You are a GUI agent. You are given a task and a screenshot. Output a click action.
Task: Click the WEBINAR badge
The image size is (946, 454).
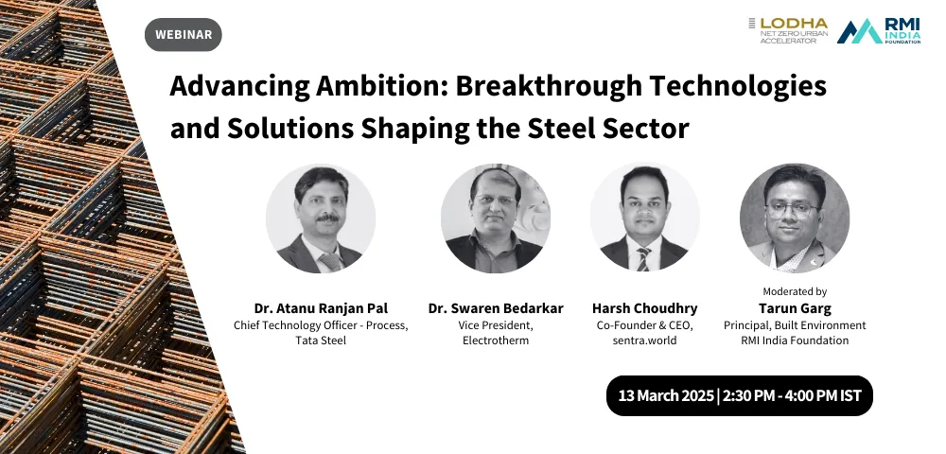(x=184, y=34)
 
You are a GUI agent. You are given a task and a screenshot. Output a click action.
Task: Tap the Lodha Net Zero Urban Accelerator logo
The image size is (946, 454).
(x=789, y=30)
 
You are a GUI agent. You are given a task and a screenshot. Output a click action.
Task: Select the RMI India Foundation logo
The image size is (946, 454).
(x=879, y=31)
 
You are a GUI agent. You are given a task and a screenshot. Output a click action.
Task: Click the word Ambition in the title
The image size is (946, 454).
(x=379, y=86)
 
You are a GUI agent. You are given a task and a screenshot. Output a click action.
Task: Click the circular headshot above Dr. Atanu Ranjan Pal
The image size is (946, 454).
(x=321, y=218)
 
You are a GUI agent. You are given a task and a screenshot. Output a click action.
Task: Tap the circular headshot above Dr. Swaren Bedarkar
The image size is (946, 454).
(x=496, y=218)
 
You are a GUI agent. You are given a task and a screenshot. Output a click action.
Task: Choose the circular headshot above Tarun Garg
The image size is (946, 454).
(x=795, y=218)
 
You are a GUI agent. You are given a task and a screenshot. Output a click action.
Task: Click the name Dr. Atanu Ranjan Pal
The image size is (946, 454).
(x=321, y=308)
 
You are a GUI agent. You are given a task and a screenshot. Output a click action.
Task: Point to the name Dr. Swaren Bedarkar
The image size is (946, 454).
(x=496, y=308)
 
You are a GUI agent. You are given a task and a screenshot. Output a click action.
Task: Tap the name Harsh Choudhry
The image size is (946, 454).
(x=645, y=308)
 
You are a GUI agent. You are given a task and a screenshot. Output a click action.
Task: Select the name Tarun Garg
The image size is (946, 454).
(x=795, y=308)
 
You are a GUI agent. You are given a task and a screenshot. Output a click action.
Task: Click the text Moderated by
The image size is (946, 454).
(x=795, y=292)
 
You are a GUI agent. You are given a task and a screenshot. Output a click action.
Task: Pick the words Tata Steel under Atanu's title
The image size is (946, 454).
(x=321, y=340)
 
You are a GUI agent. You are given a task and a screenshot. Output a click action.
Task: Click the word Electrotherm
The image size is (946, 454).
(x=496, y=340)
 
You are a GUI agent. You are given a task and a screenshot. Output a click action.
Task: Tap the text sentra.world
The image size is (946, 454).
(x=645, y=340)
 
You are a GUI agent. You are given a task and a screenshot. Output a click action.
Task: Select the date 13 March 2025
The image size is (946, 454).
(x=666, y=396)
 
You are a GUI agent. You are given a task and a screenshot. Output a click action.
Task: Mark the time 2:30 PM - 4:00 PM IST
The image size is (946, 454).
(x=792, y=396)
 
